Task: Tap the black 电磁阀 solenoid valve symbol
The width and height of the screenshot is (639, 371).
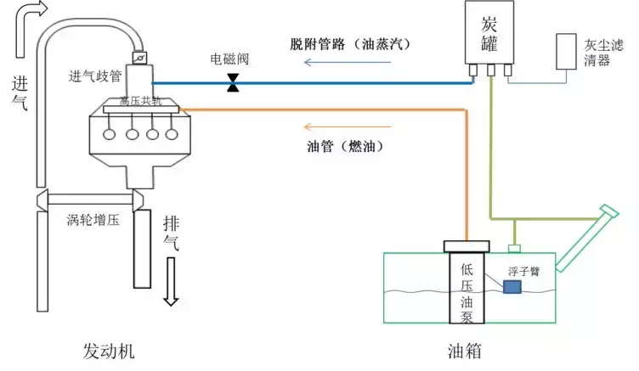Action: pos(232,83)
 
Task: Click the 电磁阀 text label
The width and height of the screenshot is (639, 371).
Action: pos(229,61)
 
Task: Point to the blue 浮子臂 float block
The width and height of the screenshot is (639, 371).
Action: pos(512,288)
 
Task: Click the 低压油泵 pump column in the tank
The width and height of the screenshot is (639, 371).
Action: pos(467,289)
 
